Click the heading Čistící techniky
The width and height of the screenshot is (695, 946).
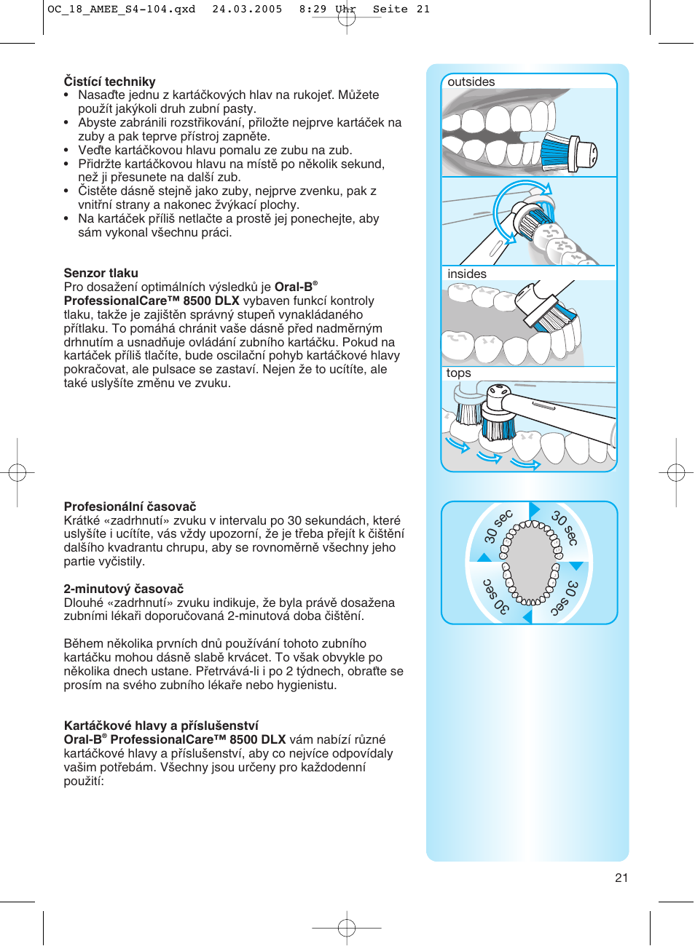(109, 82)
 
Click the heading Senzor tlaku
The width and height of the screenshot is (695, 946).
(101, 273)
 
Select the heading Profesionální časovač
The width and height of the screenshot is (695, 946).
(130, 506)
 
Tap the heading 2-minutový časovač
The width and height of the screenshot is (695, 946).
(123, 589)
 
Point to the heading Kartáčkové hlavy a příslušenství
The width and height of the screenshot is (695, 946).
(161, 726)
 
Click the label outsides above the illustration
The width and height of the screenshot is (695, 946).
(471, 82)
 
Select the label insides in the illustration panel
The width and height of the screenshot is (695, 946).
(466, 274)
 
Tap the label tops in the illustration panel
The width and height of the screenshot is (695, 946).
(458, 373)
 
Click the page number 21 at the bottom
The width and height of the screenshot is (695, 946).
(621, 878)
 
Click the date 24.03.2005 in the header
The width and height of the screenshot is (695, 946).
(247, 9)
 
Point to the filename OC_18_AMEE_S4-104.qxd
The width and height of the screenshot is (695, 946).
(121, 9)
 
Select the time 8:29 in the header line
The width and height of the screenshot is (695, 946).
(313, 9)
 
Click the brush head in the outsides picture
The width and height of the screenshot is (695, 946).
(568, 153)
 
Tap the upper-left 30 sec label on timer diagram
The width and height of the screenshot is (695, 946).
(498, 526)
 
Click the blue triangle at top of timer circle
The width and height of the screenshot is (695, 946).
(534, 509)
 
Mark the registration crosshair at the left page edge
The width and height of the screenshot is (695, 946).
(17, 473)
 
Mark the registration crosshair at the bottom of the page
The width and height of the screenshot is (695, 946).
(347, 927)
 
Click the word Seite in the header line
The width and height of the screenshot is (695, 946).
(390, 9)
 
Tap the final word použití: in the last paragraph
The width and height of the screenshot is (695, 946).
(84, 782)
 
